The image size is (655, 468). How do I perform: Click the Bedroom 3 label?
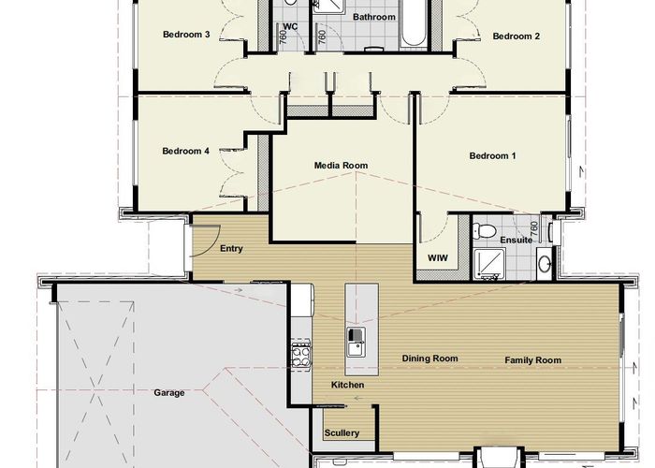coord(186,35)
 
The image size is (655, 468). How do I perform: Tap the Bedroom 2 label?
coord(516,37)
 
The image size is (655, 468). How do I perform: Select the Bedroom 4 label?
coord(186,151)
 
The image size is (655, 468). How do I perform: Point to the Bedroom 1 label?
coord(492,156)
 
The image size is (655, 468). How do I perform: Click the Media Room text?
coord(341,166)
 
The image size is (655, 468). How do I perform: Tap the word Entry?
coord(231,249)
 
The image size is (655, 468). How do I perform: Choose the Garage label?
coord(169,393)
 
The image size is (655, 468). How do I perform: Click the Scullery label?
coord(342,433)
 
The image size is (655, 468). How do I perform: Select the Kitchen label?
coord(347,385)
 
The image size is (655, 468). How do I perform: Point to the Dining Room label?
coord(429,358)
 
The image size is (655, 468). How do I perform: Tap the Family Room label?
coord(533,360)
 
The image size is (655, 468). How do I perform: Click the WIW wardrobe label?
coord(438,258)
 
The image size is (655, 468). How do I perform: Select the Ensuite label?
coord(517,241)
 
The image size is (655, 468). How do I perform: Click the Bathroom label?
coord(374,17)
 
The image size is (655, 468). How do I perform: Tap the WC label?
coord(290,27)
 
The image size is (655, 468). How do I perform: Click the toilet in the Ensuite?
coord(485,230)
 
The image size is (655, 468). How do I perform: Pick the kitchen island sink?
coord(356,343)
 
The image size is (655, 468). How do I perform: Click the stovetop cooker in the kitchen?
coord(300,355)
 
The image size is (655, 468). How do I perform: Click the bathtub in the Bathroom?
coord(414,23)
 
